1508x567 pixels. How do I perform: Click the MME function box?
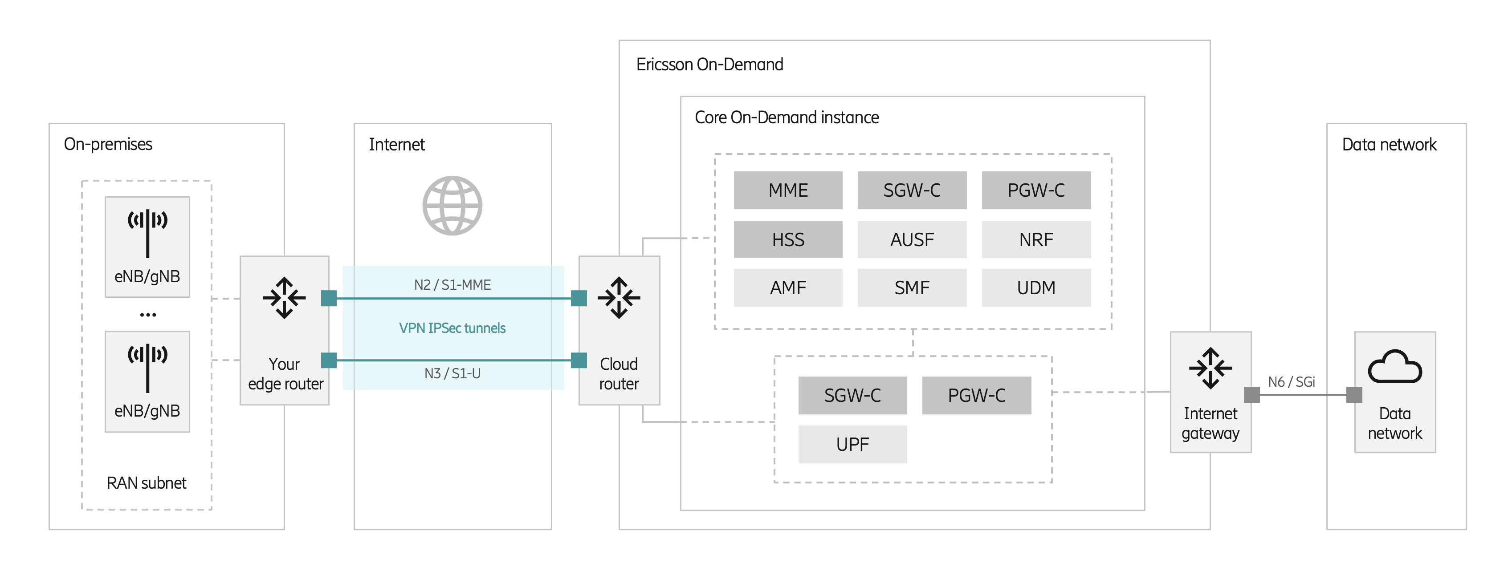tap(787, 190)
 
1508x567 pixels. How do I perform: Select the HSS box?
tap(787, 239)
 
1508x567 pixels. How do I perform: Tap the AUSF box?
tap(912, 239)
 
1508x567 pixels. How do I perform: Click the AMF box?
tap(787, 288)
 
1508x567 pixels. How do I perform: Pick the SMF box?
tap(912, 288)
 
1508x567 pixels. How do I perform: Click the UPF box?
tap(852, 445)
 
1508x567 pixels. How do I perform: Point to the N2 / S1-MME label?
tap(452, 285)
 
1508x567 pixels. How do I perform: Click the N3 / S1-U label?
tap(452, 373)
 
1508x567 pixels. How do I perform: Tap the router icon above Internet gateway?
tap(1210, 368)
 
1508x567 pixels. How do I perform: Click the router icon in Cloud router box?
tap(619, 298)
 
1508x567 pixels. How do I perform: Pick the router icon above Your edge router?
tap(284, 298)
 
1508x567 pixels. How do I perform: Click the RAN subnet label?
tap(147, 483)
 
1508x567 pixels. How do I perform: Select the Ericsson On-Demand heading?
tap(709, 65)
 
